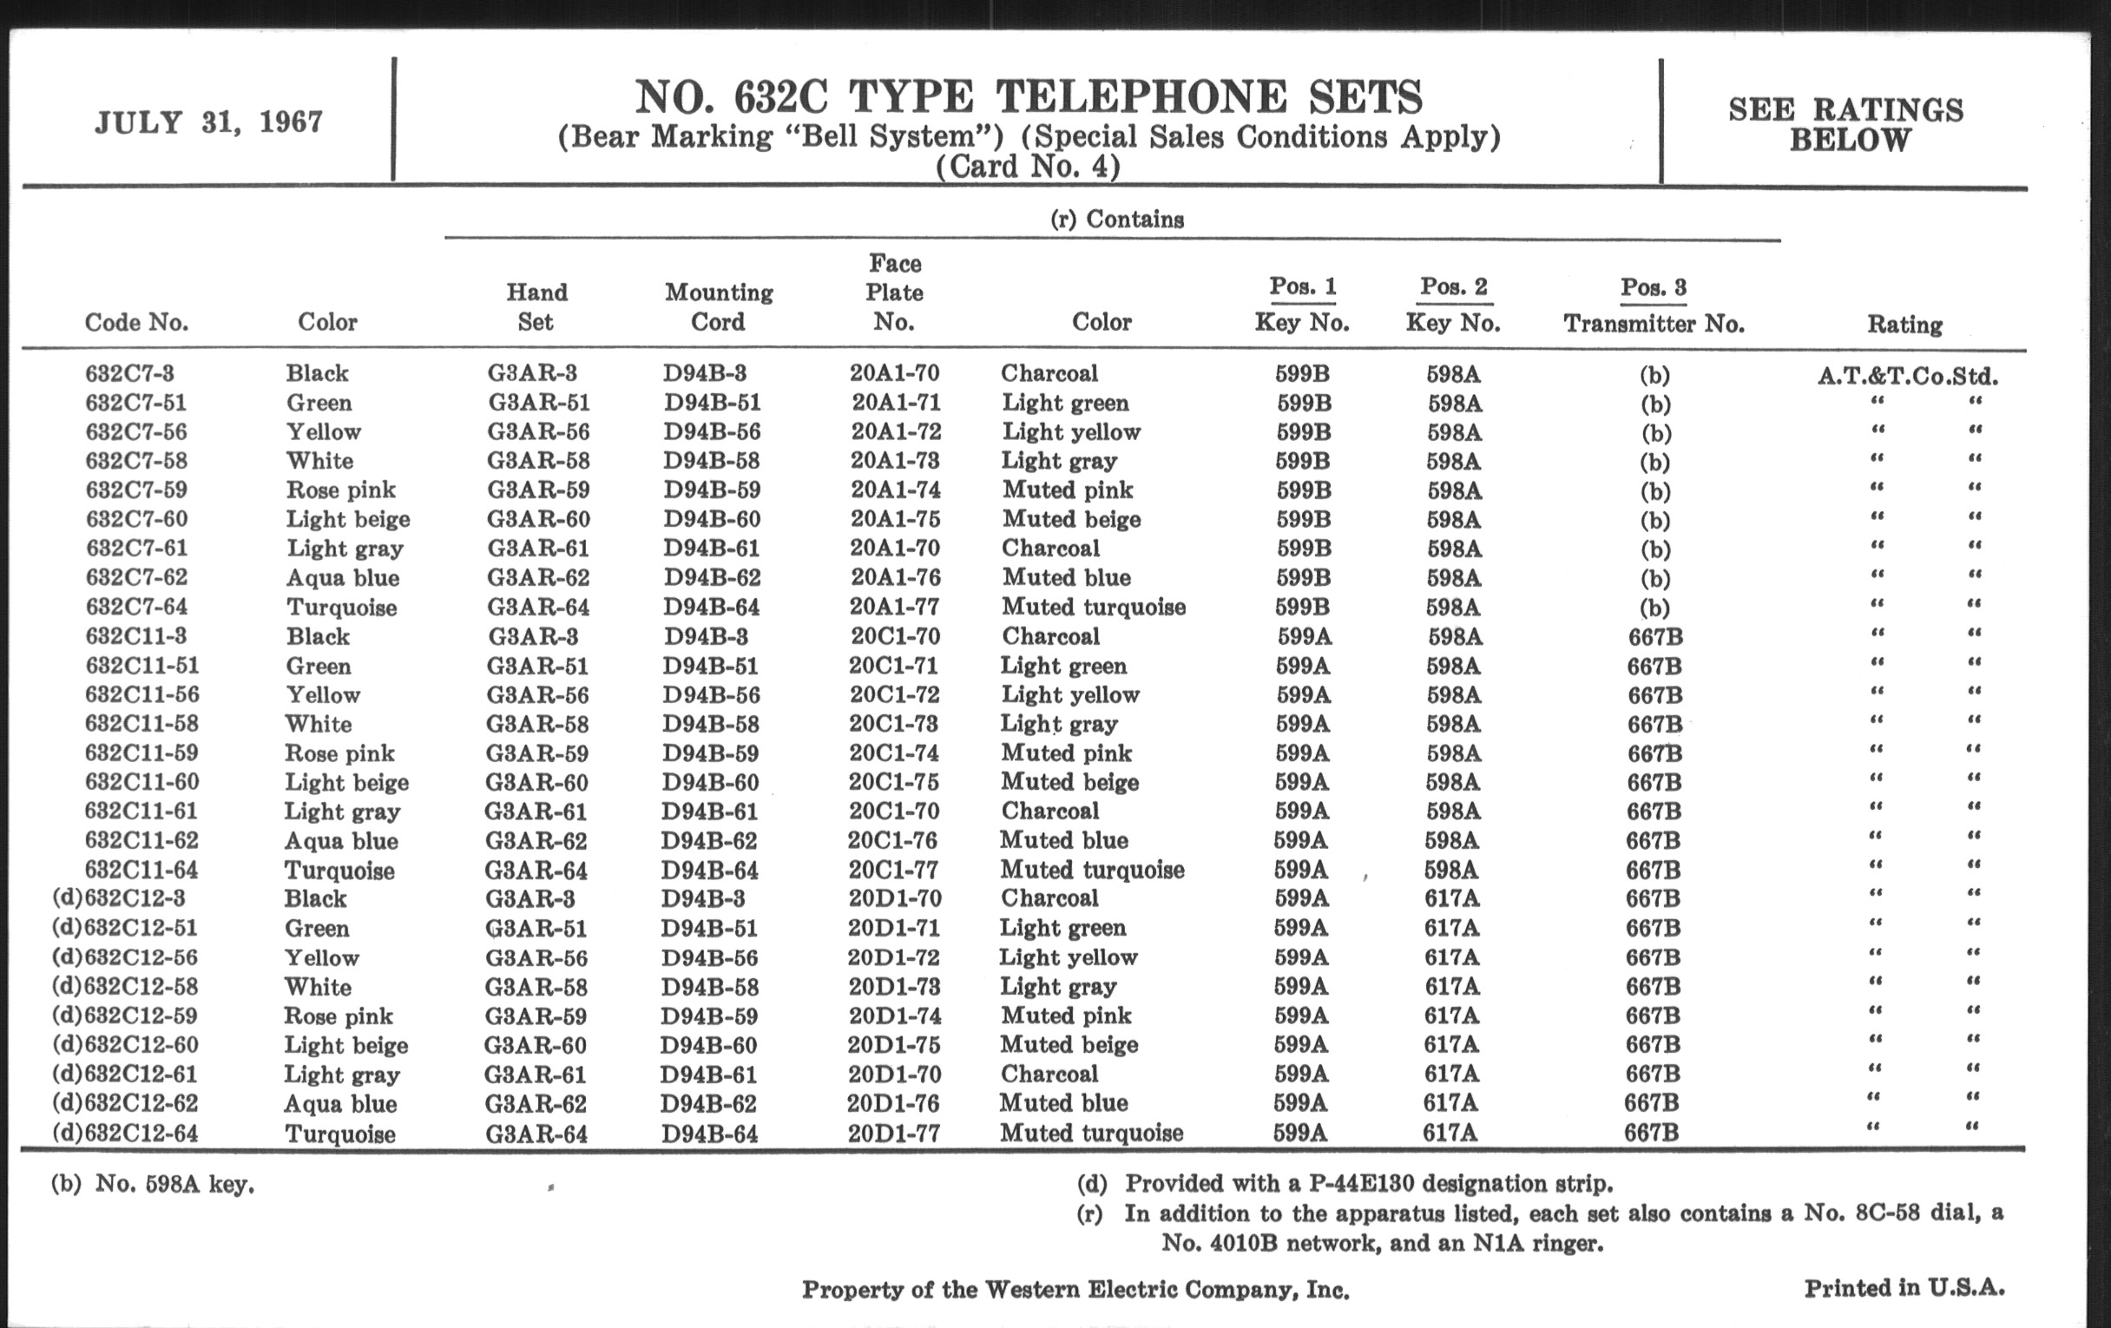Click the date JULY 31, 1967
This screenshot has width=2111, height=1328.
click(x=208, y=122)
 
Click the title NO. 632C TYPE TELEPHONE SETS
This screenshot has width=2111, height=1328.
click(x=1028, y=97)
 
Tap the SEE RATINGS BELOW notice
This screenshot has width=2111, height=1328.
click(x=1845, y=124)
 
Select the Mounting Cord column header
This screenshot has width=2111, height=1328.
click(x=718, y=306)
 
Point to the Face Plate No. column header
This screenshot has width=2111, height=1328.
click(x=894, y=293)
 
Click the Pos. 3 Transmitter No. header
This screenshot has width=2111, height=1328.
click(x=1654, y=306)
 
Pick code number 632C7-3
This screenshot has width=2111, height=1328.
click(x=129, y=373)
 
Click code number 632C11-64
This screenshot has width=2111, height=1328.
click(x=141, y=870)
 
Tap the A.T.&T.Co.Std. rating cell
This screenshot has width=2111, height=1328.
click(x=1908, y=377)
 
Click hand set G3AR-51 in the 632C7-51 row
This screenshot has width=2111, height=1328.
click(x=538, y=404)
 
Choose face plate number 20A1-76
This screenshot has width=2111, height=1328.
click(x=895, y=578)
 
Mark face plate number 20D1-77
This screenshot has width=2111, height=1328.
click(x=893, y=1134)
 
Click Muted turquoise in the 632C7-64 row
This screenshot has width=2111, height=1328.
click(x=1093, y=607)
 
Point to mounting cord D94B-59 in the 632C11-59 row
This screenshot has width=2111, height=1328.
click(x=709, y=753)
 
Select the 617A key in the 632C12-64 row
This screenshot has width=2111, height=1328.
click(x=1450, y=1134)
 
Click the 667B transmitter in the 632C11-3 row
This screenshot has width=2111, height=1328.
click(x=1654, y=637)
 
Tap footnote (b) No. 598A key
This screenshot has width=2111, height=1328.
click(x=153, y=1184)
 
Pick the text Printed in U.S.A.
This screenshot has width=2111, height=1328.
click(x=1904, y=1288)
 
